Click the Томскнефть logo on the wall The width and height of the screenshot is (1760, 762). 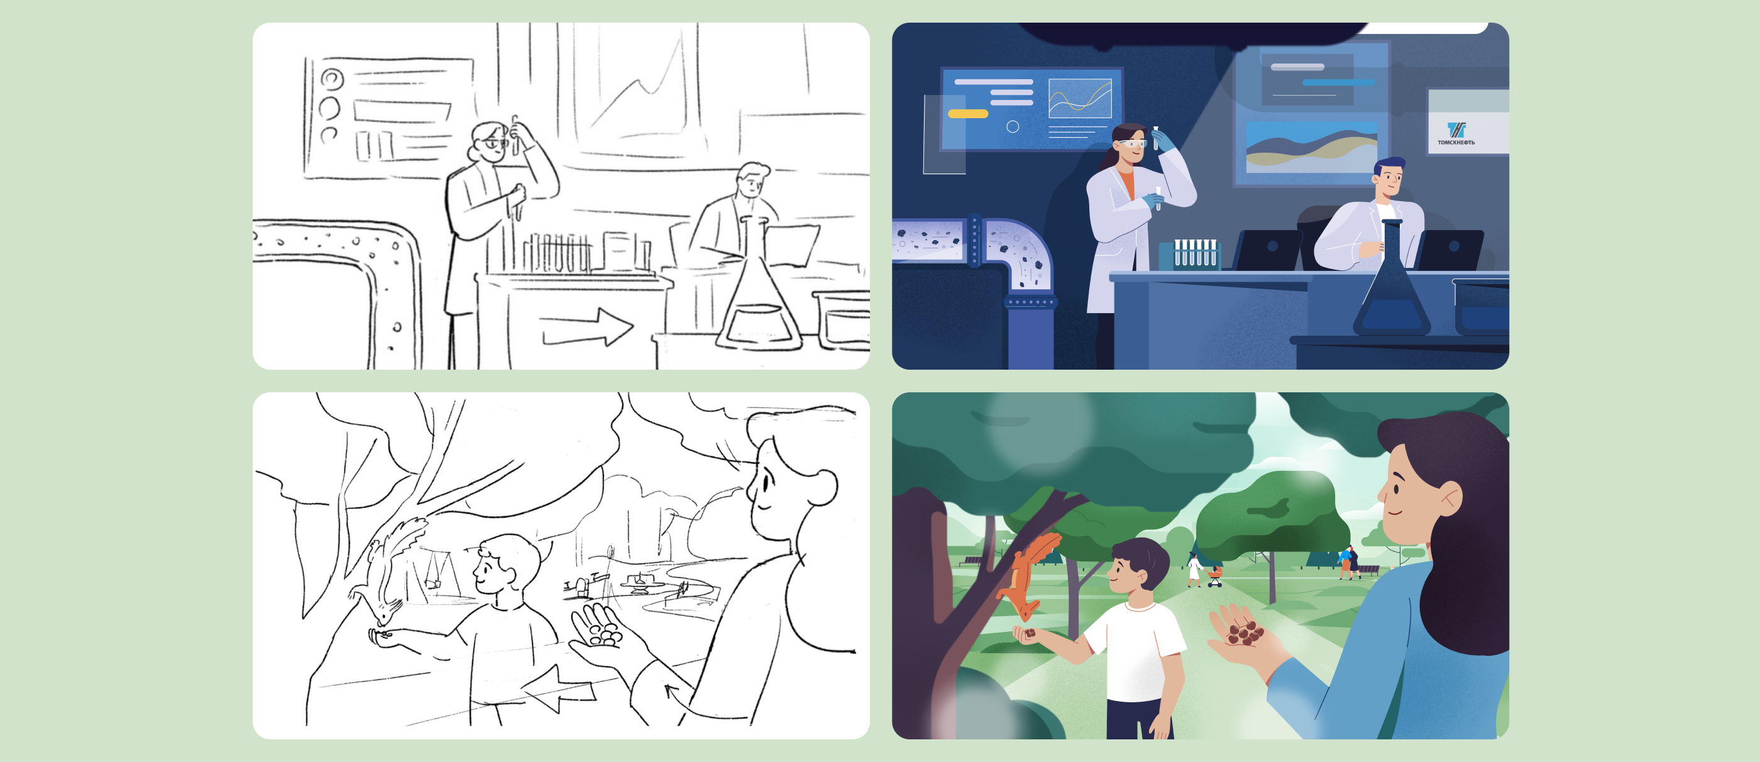point(1456,133)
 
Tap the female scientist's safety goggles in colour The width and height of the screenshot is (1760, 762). point(1131,143)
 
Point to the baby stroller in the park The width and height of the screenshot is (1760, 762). point(1214,576)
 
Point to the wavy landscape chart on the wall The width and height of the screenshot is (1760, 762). point(1311,147)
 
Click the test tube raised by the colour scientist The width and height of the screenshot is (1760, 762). point(1156,137)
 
